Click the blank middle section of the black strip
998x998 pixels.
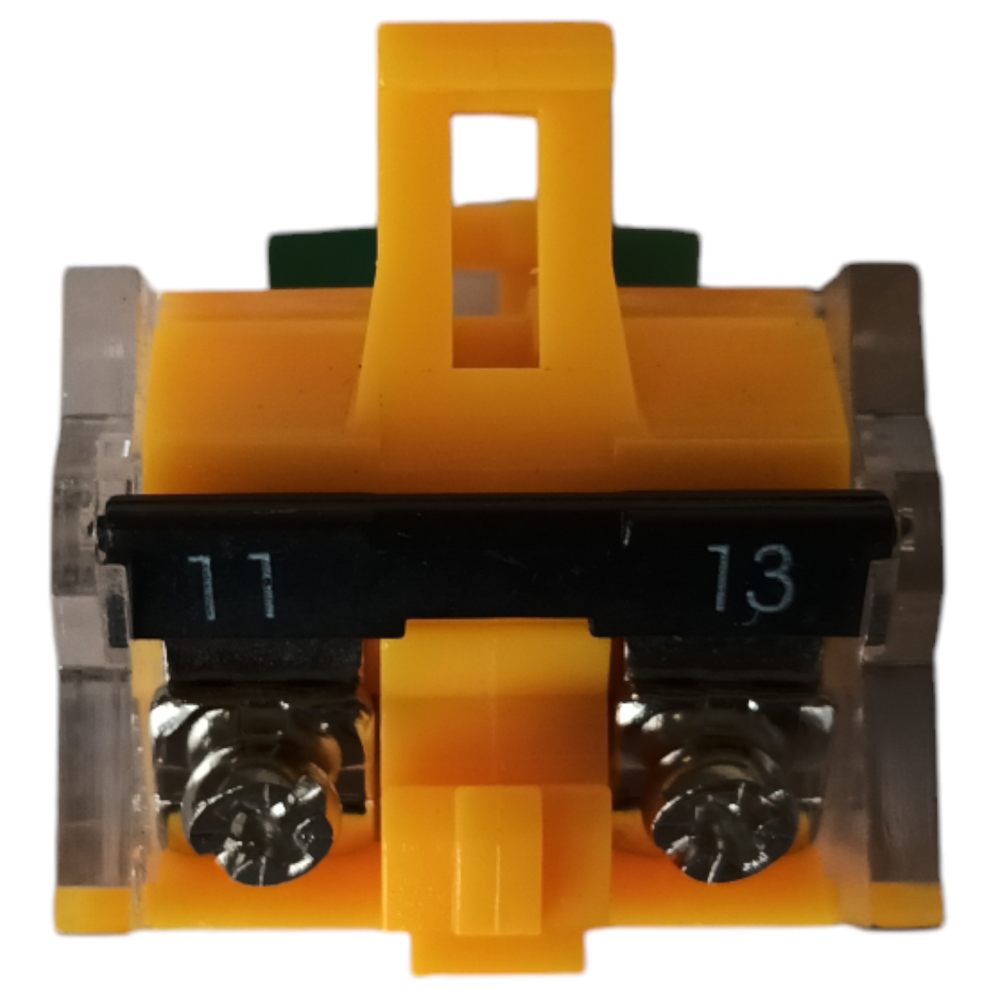point(499,561)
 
